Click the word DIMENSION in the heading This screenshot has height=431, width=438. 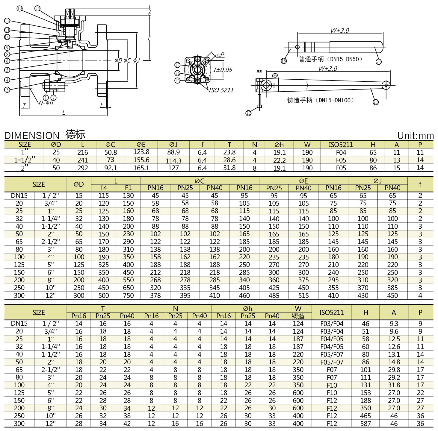(x=32, y=136)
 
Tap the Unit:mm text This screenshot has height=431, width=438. (x=415, y=136)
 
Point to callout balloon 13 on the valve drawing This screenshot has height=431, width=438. (x=19, y=8)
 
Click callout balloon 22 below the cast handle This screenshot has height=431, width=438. (x=248, y=113)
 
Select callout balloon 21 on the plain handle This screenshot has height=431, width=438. (x=379, y=62)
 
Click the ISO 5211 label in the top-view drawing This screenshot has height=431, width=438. (x=221, y=90)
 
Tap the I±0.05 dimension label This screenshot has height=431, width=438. (x=223, y=70)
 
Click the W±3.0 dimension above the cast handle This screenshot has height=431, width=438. (x=328, y=69)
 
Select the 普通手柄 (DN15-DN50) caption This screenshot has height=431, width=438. (x=330, y=59)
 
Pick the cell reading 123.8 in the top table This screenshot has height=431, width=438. (x=141, y=152)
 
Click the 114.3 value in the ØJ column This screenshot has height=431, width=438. (x=173, y=161)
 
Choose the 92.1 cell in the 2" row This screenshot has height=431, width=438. (x=111, y=168)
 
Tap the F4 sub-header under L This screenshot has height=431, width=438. (x=104, y=188)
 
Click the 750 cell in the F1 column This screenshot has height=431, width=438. (x=128, y=295)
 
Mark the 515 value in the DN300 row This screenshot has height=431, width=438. (x=303, y=295)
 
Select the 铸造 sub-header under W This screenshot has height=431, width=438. (x=298, y=316)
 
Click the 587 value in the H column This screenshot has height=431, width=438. (x=365, y=424)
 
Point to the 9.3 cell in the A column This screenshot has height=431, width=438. (x=394, y=324)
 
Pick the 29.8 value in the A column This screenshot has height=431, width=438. (x=394, y=370)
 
